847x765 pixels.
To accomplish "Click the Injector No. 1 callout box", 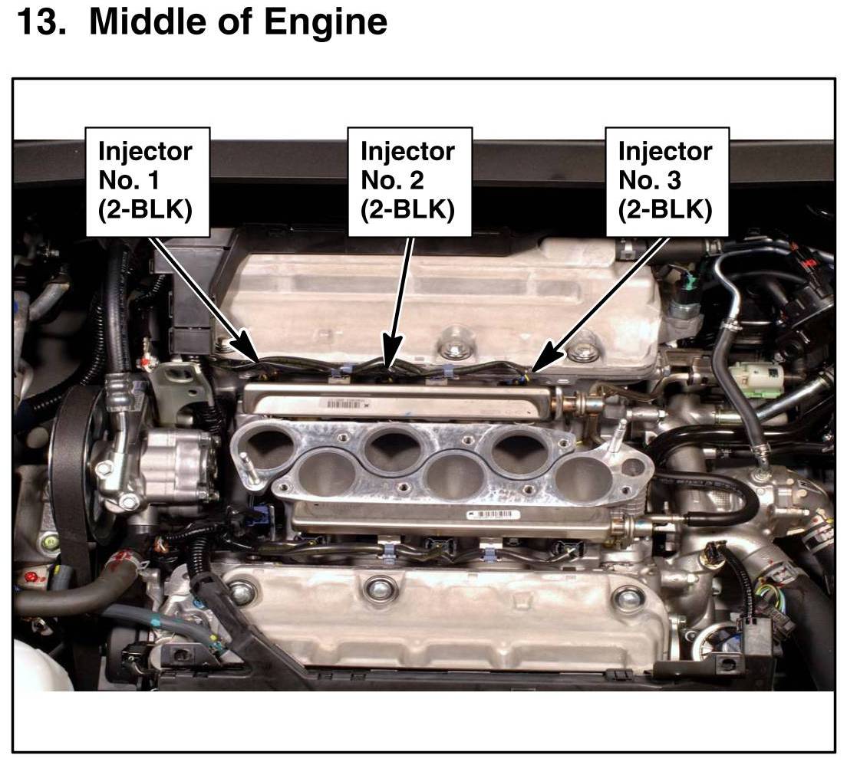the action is pyautogui.click(x=147, y=182).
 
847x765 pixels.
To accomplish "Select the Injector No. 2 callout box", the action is pyautogui.click(x=410, y=182).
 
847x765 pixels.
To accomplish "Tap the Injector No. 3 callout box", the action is pyautogui.click(x=667, y=182).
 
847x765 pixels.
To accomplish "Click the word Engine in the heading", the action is pyautogui.click(x=326, y=23).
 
